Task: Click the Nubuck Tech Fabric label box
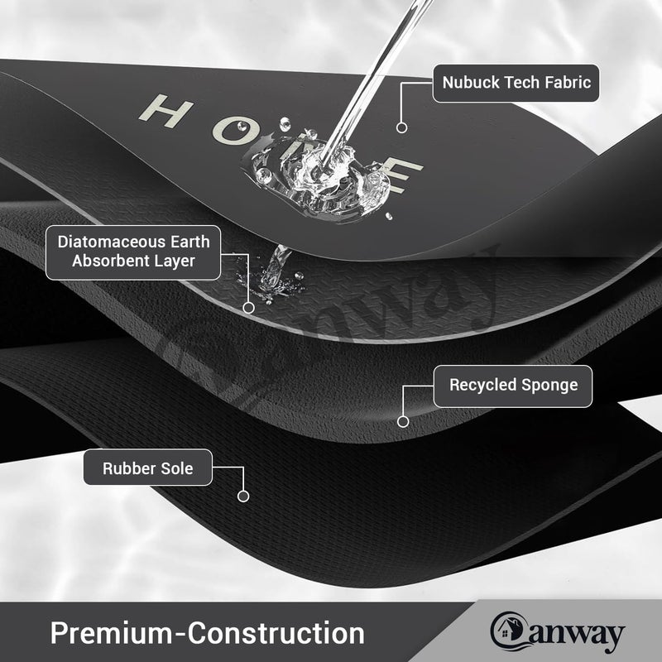[x=516, y=84]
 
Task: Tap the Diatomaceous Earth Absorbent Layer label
[x=133, y=252]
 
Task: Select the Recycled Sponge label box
[x=513, y=386]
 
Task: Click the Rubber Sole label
[x=148, y=468]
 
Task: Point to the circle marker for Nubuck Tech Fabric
[x=401, y=127]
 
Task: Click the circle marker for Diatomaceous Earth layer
[x=249, y=308]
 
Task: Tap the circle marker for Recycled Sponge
[x=403, y=421]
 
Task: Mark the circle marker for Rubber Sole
[x=243, y=496]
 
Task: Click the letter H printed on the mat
[x=166, y=110]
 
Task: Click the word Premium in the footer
[x=111, y=633]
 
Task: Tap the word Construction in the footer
[x=276, y=633]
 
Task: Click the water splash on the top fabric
[x=322, y=177]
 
